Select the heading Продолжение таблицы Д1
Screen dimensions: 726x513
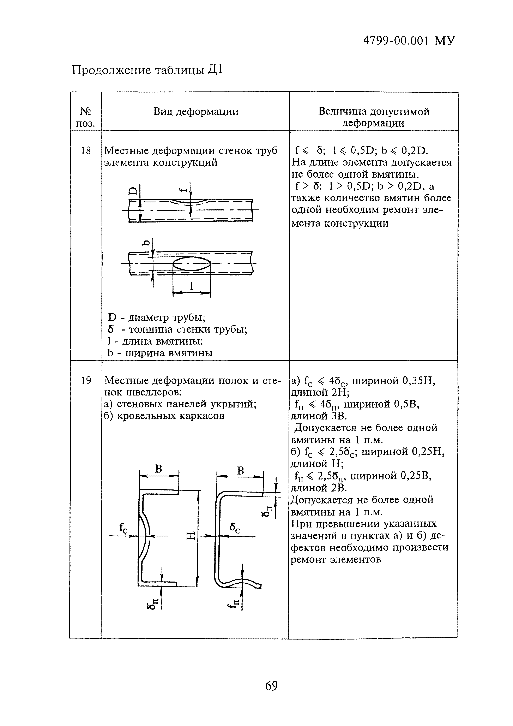tap(147, 70)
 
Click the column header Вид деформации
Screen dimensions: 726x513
tap(196, 112)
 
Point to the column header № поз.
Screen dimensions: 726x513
tap(86, 117)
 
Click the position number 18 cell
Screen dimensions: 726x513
tap(86, 151)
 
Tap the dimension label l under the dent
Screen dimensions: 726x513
tap(191, 286)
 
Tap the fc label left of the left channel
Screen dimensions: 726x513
tap(123, 527)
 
